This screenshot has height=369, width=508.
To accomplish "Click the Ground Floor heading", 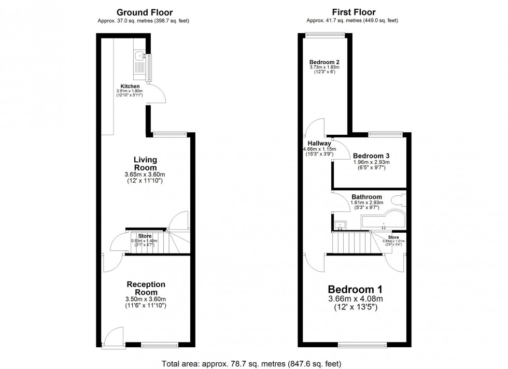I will click(145, 12).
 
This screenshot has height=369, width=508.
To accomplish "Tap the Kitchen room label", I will click(130, 86).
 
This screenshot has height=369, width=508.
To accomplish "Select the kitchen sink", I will click(139, 58).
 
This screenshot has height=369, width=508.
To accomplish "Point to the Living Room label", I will click(145, 164).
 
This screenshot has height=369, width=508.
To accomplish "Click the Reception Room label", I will click(146, 288).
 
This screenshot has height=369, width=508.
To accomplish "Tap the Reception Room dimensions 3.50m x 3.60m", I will click(146, 299).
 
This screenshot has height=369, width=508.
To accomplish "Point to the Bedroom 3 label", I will click(371, 155).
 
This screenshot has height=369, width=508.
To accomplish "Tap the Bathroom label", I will click(366, 197).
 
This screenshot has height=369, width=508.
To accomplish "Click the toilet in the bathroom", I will click(400, 201).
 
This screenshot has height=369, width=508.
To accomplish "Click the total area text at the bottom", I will click(251, 363).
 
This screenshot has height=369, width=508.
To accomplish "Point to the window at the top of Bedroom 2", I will click(325, 35).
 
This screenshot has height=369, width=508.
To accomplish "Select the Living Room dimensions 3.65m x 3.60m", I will click(145, 175).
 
